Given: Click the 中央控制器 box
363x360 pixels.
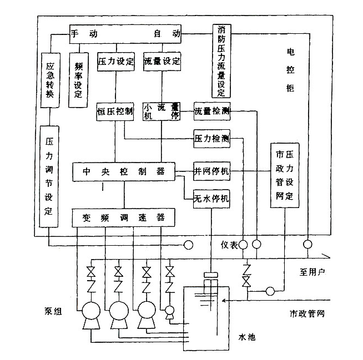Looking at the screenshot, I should click(124, 171).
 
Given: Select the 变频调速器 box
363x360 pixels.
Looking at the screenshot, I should click(124, 217).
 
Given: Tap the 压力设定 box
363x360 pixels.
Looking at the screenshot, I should click(116, 61).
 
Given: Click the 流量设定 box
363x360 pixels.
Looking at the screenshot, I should click(162, 61).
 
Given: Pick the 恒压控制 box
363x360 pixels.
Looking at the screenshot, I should click(115, 111).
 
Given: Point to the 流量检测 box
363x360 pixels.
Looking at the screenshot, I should click(211, 111).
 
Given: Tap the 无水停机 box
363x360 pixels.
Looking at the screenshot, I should click(211, 199).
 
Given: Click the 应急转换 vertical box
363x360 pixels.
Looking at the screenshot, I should click(50, 79).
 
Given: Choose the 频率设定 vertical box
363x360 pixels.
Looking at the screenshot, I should click(77, 79).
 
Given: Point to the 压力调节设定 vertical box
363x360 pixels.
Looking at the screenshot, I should click(49, 176).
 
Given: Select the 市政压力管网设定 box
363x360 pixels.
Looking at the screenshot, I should click(284, 175).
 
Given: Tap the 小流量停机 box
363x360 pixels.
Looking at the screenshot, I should click(162, 111).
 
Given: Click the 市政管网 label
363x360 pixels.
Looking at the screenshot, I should click(307, 314).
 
